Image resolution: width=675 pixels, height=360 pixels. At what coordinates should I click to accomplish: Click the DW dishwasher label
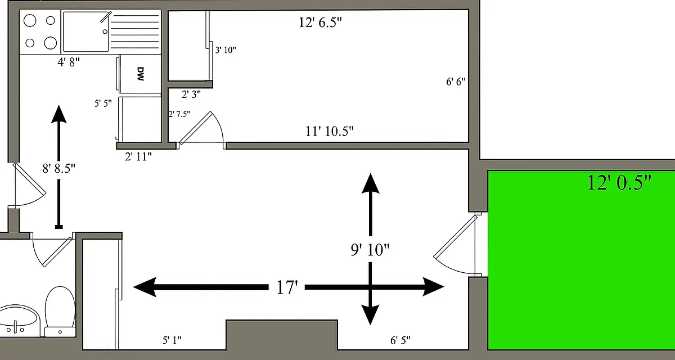(x=141, y=74)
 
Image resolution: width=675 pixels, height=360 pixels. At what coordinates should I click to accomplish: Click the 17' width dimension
(x=287, y=287)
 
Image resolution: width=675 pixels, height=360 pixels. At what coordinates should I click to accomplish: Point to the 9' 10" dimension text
(x=370, y=249)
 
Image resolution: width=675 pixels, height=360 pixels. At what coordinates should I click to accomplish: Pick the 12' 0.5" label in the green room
(x=619, y=182)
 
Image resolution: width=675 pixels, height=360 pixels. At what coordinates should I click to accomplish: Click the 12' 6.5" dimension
(x=320, y=22)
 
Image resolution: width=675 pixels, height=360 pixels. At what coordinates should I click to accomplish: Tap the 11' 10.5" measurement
(x=330, y=131)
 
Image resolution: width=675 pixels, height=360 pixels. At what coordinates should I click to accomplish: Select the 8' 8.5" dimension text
(x=58, y=168)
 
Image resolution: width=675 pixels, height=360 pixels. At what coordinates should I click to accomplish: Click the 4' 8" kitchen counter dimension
(x=69, y=62)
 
